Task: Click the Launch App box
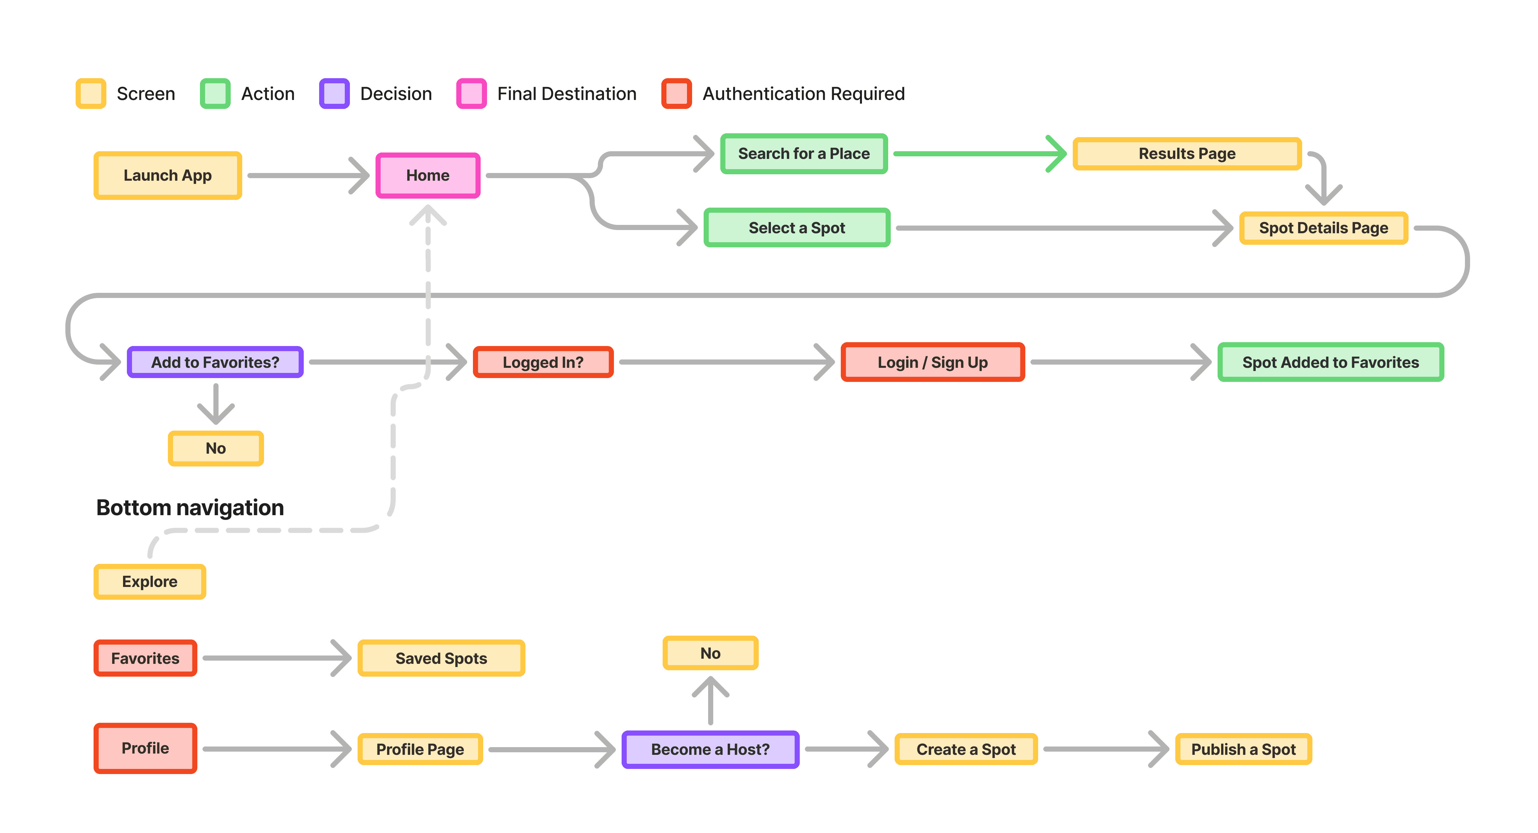click(168, 176)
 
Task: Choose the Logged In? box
click(543, 362)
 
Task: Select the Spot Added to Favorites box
click(1330, 362)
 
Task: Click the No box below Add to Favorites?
click(216, 448)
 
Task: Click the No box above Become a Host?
click(710, 653)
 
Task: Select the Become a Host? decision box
click(710, 749)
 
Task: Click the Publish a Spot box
click(1243, 749)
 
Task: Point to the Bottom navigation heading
click(190, 507)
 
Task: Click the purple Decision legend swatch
click(334, 94)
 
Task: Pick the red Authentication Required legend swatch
click(676, 94)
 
